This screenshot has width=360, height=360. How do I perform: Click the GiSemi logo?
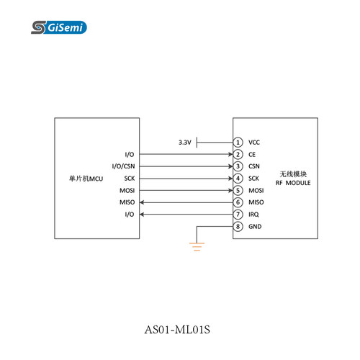59,27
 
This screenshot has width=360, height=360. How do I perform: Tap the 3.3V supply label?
185,143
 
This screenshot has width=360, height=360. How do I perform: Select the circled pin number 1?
238,143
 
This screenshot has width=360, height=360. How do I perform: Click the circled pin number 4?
238,179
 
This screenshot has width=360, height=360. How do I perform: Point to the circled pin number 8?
238,226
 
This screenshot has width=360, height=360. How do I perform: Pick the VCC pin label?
254,143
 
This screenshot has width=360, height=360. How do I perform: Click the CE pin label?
252,154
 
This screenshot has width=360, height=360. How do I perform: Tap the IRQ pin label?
253,215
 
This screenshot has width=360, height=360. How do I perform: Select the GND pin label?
255,226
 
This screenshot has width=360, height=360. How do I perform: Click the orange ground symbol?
197,246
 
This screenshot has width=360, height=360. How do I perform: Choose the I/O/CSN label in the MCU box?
123,166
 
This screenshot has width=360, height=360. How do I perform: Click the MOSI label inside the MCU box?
127,190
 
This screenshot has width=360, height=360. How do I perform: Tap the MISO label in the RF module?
256,202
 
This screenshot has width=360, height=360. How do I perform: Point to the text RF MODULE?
293,183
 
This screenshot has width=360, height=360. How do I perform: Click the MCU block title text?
86,179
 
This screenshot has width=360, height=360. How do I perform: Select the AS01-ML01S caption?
177,329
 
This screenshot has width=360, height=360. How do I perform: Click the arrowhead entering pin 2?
230,154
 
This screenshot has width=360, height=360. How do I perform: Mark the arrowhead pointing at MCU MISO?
142,202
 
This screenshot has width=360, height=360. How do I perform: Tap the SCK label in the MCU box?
130,179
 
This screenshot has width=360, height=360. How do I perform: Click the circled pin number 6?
238,202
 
